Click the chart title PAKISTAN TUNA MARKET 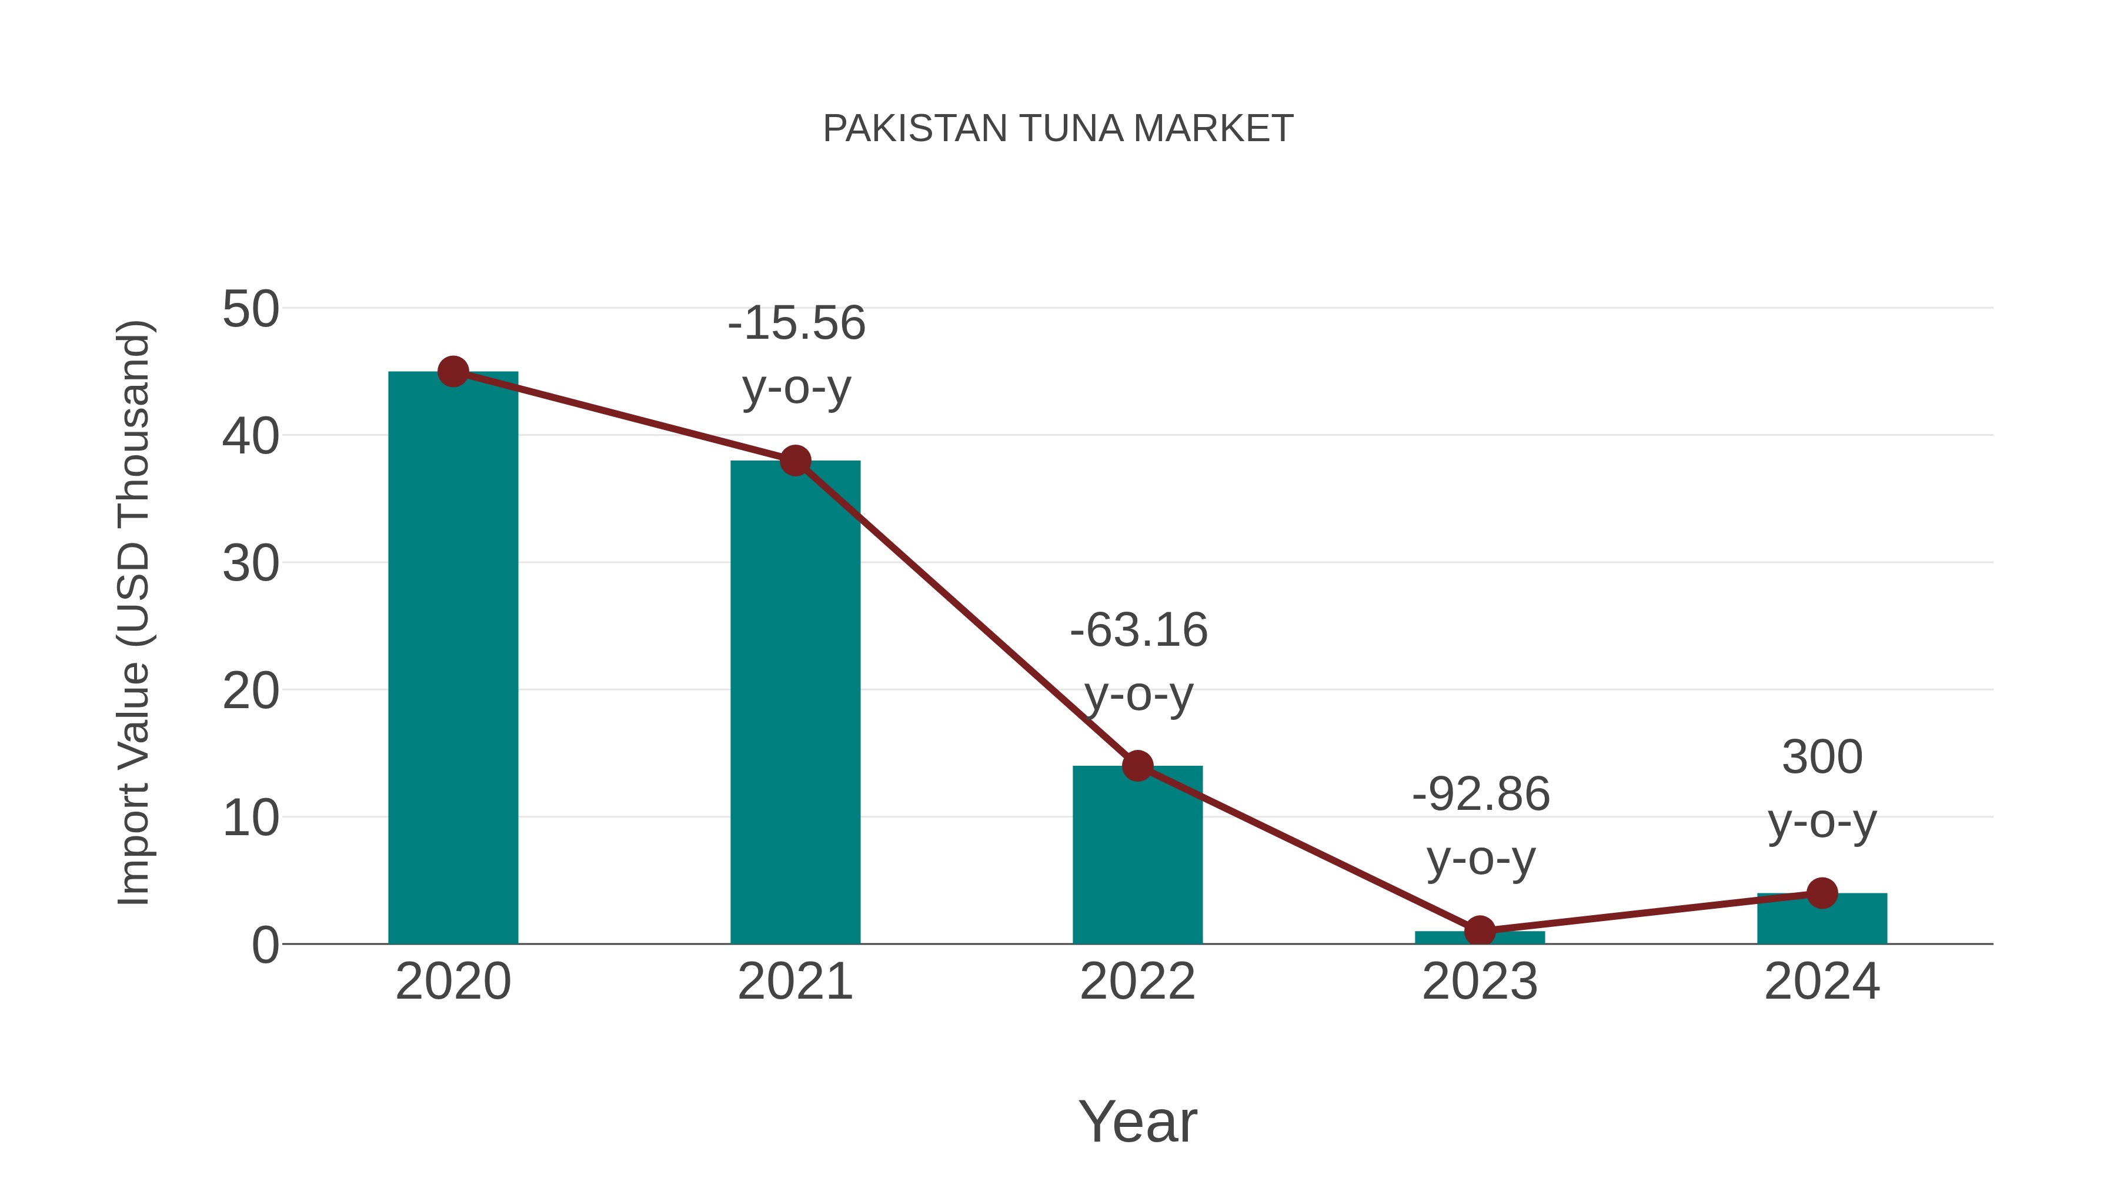pos(1058,129)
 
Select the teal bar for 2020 pos(453,658)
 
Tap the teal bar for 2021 pos(794,703)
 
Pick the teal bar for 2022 pos(1137,855)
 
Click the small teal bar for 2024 pos(1822,919)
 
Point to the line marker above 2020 pos(453,372)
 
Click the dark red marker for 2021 pos(794,461)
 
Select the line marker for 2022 pos(1137,766)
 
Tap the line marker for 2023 pos(1480,931)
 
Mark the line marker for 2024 pos(1822,893)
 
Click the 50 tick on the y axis pos(251,310)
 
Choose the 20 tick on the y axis pos(251,691)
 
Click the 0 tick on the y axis pos(265,945)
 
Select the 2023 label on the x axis pos(1480,982)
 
